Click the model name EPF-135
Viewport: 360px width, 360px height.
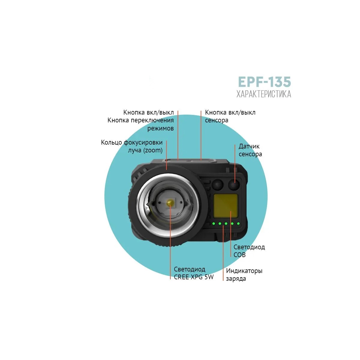[264, 82]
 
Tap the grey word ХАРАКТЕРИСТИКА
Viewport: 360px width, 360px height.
[264, 94]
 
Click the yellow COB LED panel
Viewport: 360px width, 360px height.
[226, 206]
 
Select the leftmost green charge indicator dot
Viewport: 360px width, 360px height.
[214, 223]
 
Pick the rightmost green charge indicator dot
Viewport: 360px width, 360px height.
[238, 223]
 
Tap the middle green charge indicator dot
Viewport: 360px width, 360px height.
[226, 223]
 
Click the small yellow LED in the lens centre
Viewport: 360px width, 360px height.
[170, 202]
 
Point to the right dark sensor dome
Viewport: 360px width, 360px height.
[234, 184]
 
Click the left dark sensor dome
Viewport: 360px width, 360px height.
[218, 184]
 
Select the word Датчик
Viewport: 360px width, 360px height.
[249, 146]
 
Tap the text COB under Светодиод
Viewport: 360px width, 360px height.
[239, 255]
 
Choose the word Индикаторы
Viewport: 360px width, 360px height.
[244, 271]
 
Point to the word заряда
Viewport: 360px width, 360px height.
[236, 279]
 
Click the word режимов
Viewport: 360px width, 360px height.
[161, 128]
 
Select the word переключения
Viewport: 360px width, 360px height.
[152, 121]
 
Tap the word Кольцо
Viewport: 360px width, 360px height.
[112, 142]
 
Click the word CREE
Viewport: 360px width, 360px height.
[181, 277]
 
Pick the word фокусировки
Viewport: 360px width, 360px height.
[143, 143]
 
